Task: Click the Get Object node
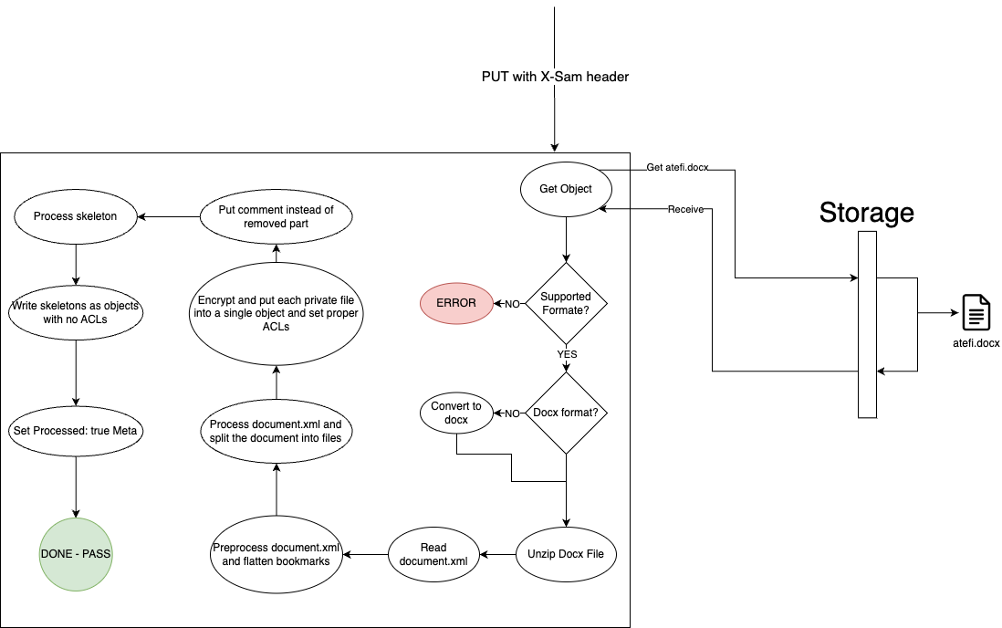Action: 566,189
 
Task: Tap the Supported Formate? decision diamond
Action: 566,302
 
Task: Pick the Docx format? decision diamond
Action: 566,413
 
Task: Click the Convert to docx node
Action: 456,413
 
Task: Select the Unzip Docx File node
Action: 566,553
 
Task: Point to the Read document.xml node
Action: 434,554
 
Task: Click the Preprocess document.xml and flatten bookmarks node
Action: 276,554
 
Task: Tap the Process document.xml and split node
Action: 276,431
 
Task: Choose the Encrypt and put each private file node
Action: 276,313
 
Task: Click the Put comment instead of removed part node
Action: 276,216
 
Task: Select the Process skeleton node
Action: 76,216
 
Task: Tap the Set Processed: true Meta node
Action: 76,430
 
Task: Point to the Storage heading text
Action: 866,212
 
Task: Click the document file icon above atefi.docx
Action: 976,313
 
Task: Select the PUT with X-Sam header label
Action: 555,77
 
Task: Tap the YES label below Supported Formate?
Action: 567,354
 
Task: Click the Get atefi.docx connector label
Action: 676,167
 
